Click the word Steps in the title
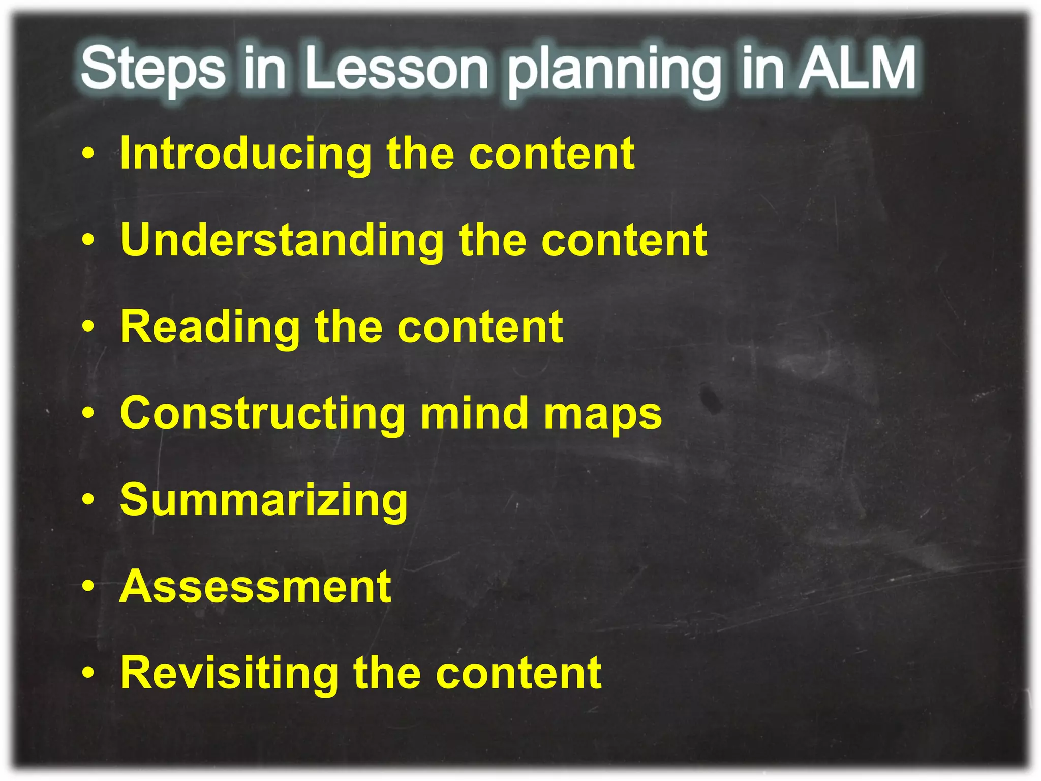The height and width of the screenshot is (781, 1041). (152, 69)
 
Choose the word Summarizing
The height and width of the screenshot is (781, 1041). (263, 501)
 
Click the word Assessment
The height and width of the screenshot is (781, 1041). (255, 587)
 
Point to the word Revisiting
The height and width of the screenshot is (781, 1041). (229, 673)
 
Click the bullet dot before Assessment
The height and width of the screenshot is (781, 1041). (88, 587)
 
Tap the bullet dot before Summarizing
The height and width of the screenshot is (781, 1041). (88, 501)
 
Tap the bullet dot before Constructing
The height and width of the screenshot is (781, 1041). (88, 414)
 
